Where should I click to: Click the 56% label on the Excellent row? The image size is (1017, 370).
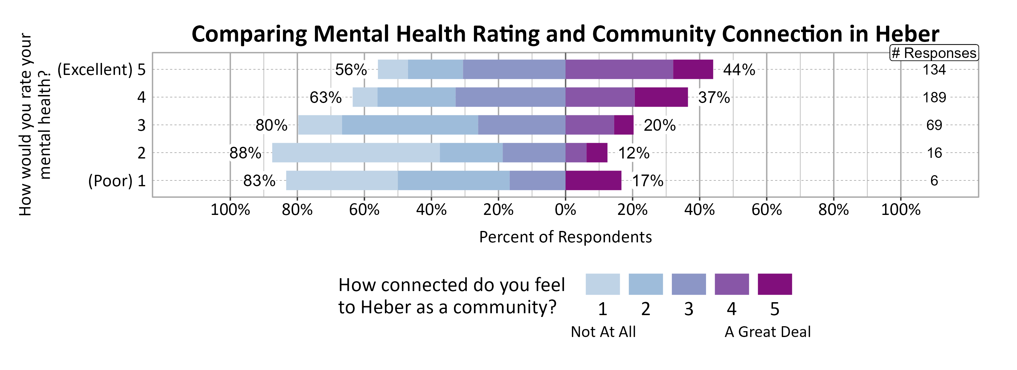[351, 70]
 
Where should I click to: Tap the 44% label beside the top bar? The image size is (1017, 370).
[739, 70]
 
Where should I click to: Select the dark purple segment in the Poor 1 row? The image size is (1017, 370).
[593, 180]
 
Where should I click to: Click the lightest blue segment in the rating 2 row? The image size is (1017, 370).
[356, 153]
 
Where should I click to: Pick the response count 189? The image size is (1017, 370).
[934, 97]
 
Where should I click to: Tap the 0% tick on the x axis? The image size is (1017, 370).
[565, 210]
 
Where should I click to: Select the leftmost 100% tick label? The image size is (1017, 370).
[230, 210]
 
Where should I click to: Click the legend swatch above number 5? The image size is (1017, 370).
[774, 284]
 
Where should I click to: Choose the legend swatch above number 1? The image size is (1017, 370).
[602, 284]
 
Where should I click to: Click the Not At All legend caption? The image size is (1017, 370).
[603, 332]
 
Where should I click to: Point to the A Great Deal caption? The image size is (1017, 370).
[767, 332]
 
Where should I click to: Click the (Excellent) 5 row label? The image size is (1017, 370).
[101, 70]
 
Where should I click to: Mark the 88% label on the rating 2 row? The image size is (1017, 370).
[245, 153]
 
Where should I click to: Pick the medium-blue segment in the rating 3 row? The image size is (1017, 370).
[410, 125]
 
